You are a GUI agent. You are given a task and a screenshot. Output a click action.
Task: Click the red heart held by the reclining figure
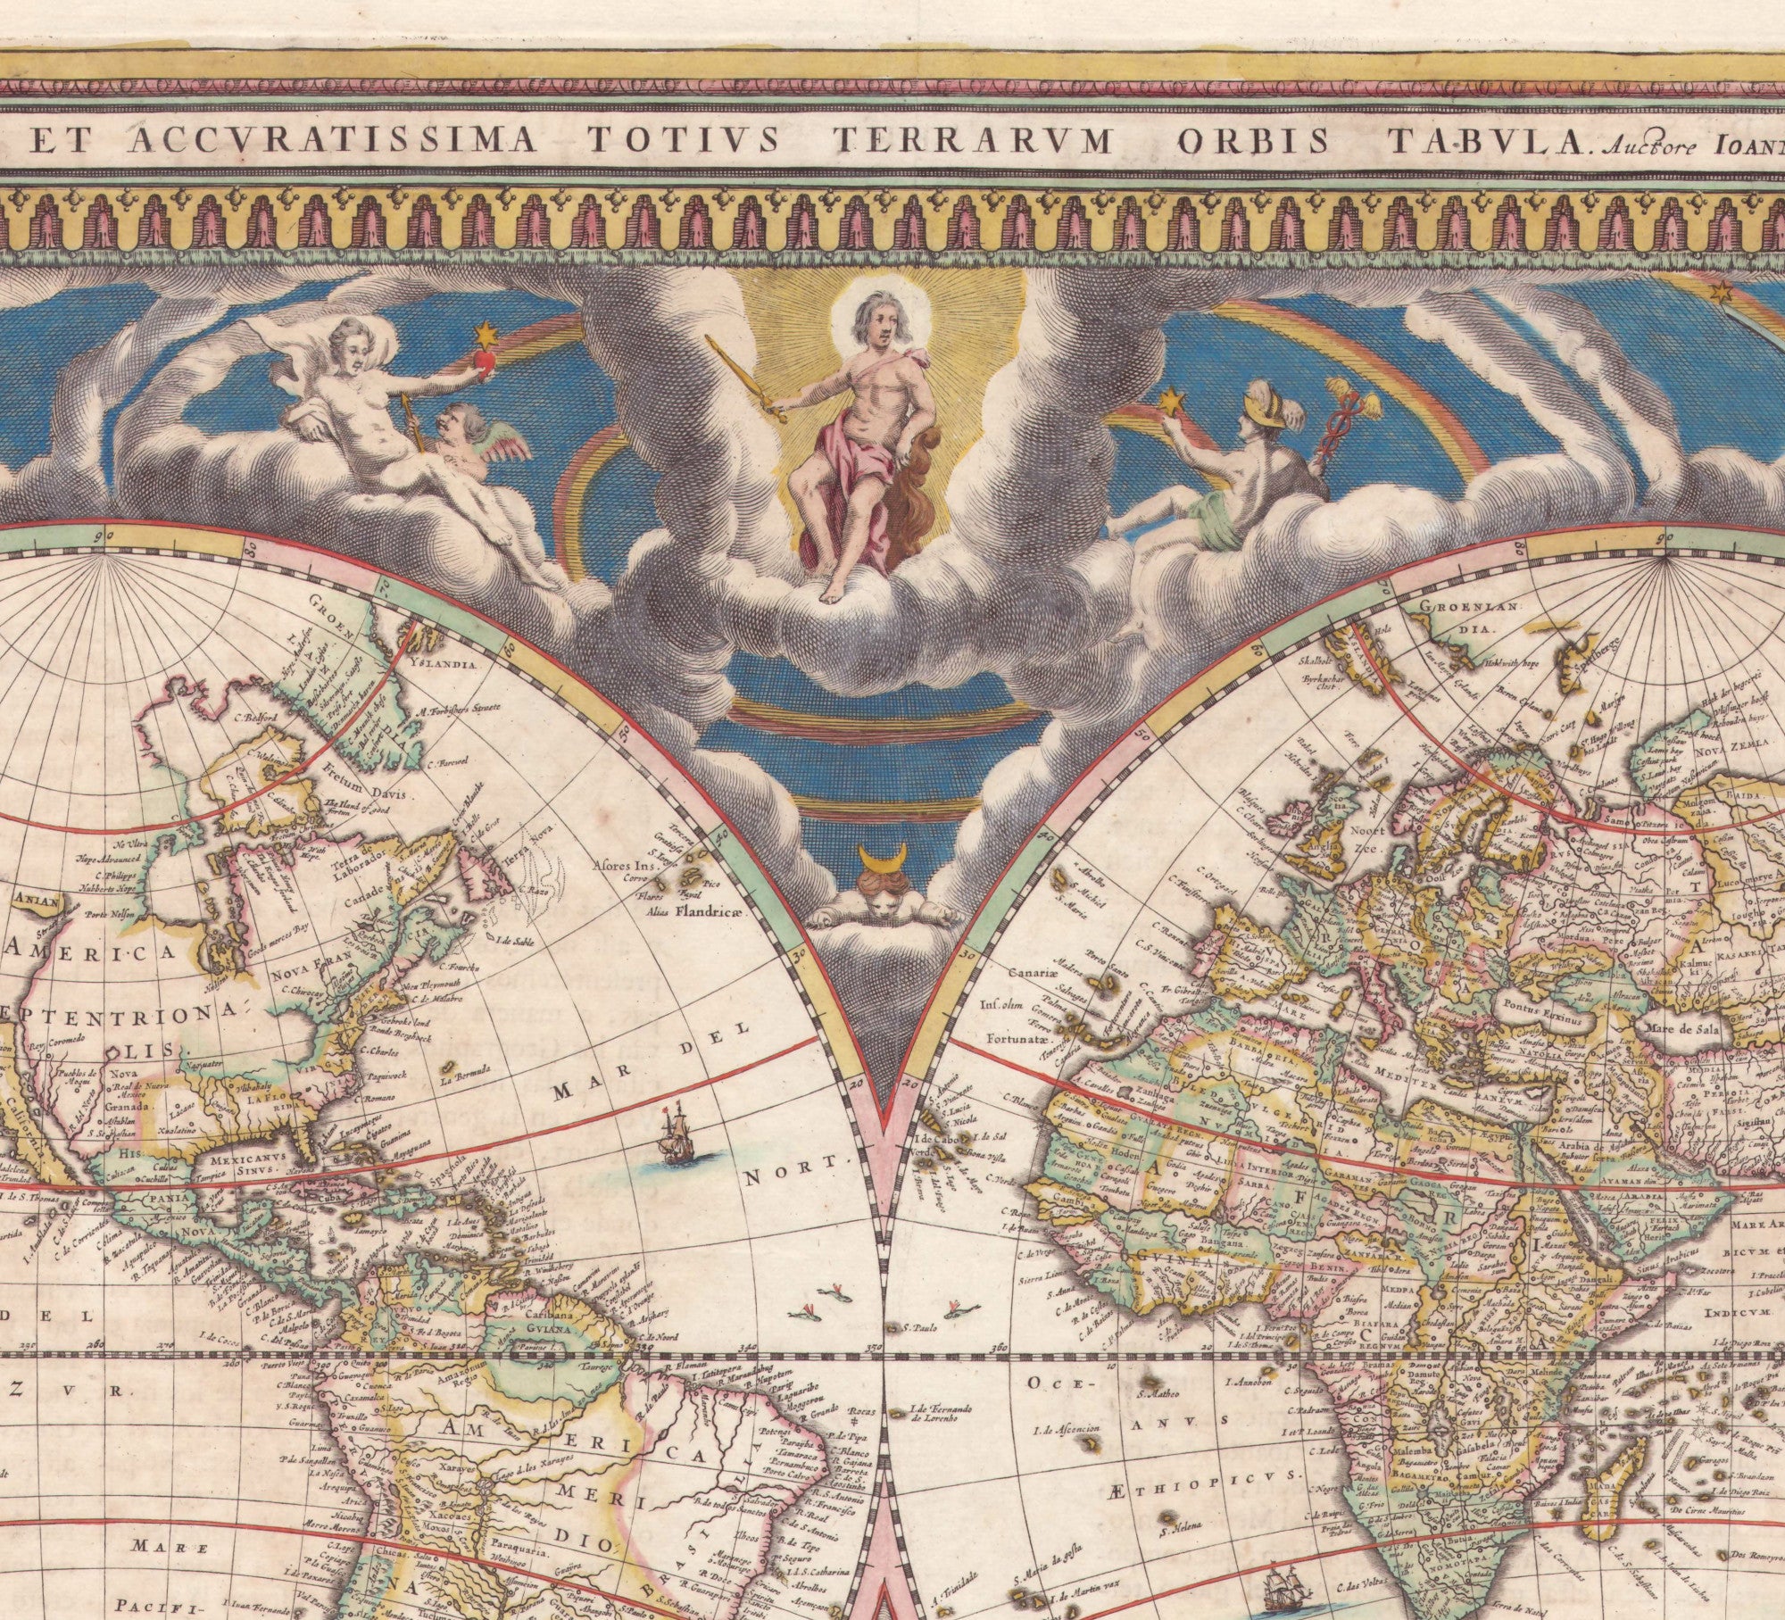pos(485,361)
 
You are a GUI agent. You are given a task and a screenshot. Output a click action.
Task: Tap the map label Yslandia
pos(446,664)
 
